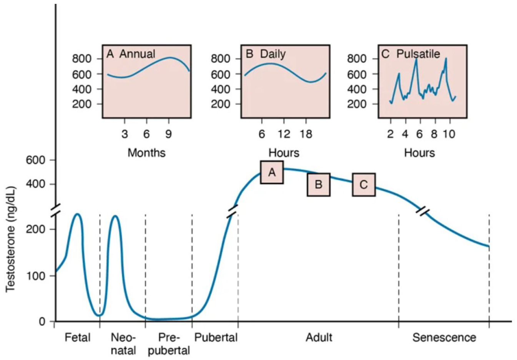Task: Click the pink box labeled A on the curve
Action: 272,173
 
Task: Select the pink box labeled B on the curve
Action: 318,185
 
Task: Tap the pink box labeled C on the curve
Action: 364,185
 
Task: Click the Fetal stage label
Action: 78,338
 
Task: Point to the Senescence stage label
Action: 444,338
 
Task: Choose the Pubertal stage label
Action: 216,338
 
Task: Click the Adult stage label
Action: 319,338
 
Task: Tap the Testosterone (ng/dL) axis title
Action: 11,239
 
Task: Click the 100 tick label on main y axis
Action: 36,276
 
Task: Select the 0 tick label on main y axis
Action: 42,322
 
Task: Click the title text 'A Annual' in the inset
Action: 131,54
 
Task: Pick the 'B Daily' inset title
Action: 266,54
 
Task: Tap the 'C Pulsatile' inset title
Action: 411,54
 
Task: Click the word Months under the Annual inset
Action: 146,153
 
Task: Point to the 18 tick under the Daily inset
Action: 306,134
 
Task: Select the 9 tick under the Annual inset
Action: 168,134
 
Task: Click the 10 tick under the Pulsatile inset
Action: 449,134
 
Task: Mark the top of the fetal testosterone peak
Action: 78,214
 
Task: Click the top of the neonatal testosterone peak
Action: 115,216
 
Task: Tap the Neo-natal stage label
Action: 123,344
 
